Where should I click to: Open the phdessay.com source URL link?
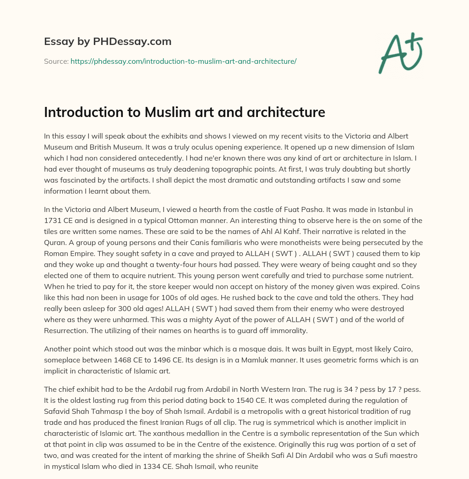[x=183, y=61]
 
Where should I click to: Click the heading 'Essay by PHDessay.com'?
[x=108, y=42]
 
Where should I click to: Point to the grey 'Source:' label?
[x=56, y=61]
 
